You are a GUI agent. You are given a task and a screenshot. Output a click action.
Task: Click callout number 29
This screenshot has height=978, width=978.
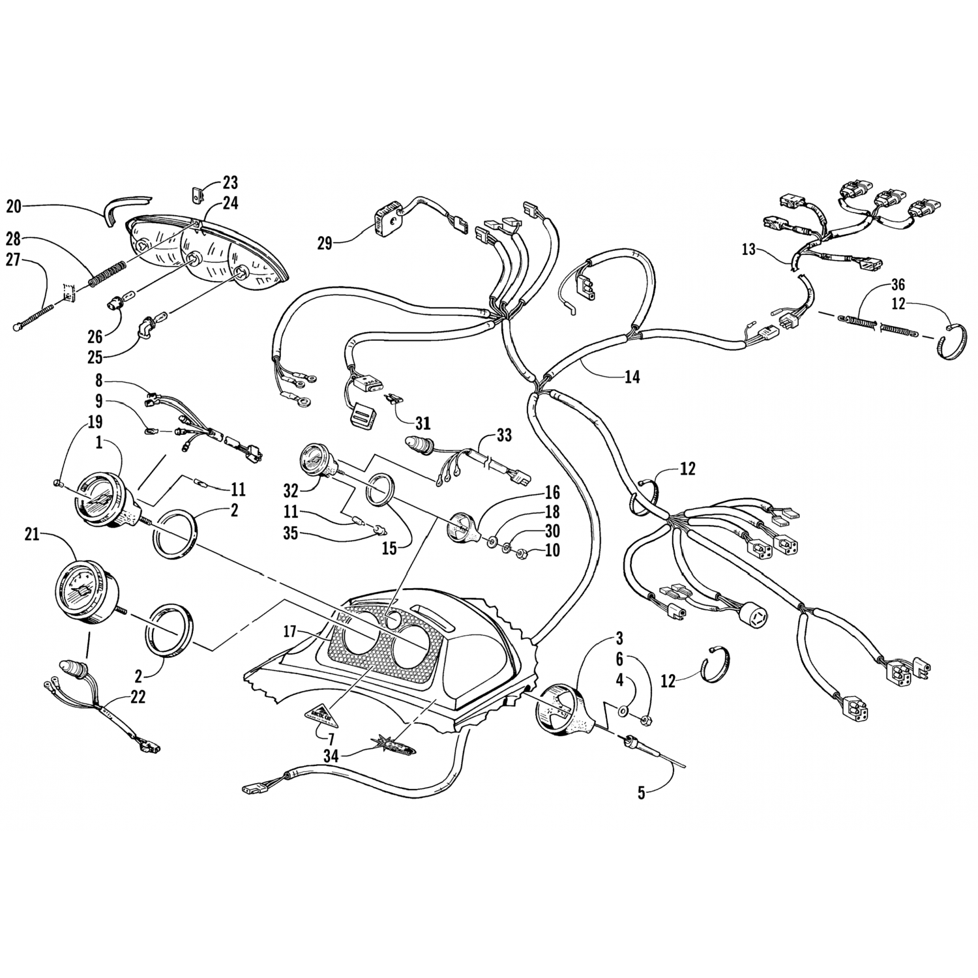tap(325, 244)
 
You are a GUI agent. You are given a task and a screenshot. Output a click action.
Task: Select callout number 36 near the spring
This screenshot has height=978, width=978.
tap(898, 285)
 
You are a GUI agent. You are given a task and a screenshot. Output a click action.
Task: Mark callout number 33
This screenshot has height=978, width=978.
tap(504, 435)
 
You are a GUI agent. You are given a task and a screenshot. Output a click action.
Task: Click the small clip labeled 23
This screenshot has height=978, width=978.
tap(198, 194)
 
